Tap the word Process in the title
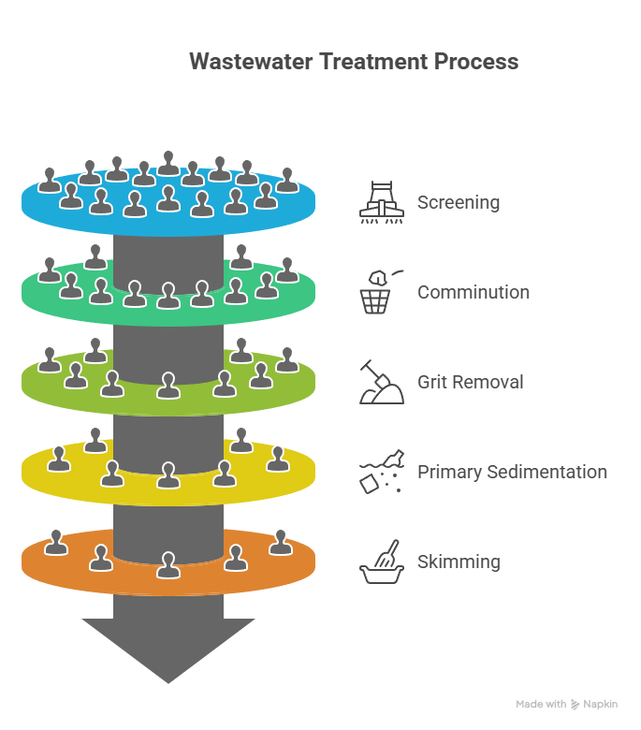click(475, 62)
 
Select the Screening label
click(459, 202)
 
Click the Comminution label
click(473, 292)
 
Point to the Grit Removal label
click(471, 382)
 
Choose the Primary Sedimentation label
click(512, 472)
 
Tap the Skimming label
click(459, 562)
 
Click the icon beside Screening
click(382, 202)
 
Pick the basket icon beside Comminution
click(378, 292)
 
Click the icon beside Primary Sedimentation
click(382, 472)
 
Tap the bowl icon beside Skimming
click(382, 562)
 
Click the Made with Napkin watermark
click(566, 704)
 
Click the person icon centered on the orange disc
click(168, 565)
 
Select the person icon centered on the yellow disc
click(168, 475)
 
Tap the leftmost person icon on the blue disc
click(50, 180)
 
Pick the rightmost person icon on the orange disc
click(281, 542)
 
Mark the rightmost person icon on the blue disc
click(287, 180)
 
